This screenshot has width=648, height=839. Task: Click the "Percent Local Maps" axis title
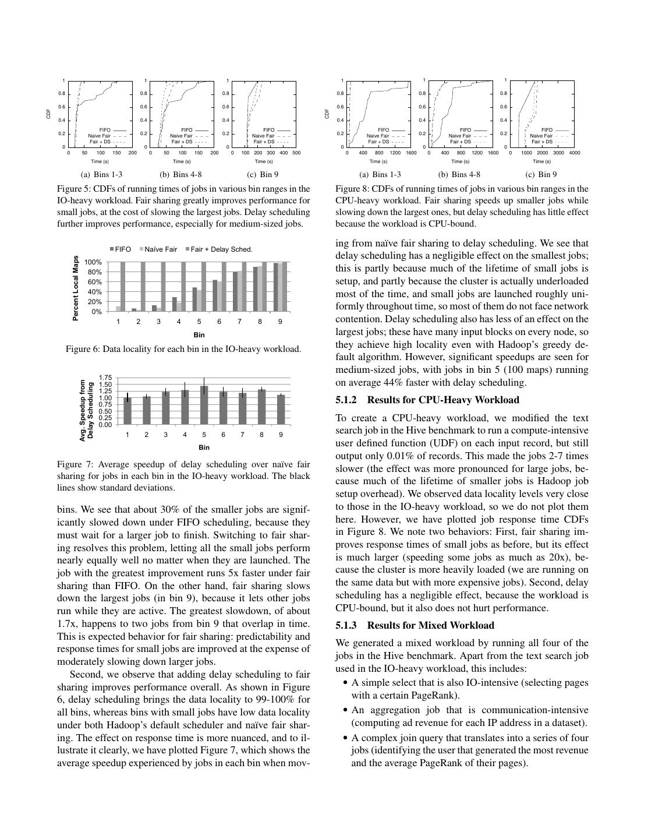pos(76,288)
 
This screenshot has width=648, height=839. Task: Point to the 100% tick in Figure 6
pos(94,262)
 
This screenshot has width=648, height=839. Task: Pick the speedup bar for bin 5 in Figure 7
pos(204,405)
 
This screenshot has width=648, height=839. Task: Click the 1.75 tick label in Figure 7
pos(105,378)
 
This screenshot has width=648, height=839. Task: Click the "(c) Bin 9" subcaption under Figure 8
pos(541,174)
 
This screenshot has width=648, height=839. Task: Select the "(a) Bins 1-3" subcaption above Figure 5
pos(101,174)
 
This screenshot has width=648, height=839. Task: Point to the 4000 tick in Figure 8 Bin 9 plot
pos(574,153)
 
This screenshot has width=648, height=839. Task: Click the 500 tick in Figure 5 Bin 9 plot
pos(296,153)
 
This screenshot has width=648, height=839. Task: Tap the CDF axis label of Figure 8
pos(327,114)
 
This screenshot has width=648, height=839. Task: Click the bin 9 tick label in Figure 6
pos(280,322)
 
